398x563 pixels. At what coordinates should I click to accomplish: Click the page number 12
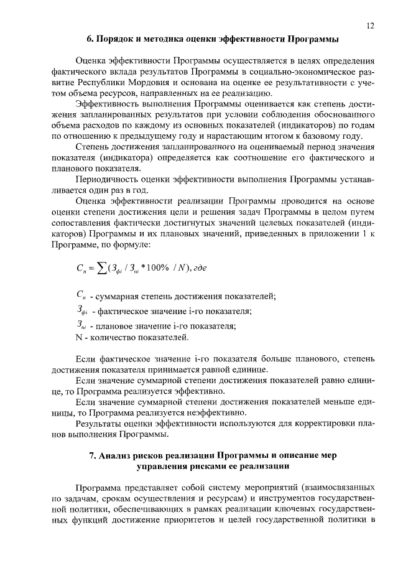coord(370,26)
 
